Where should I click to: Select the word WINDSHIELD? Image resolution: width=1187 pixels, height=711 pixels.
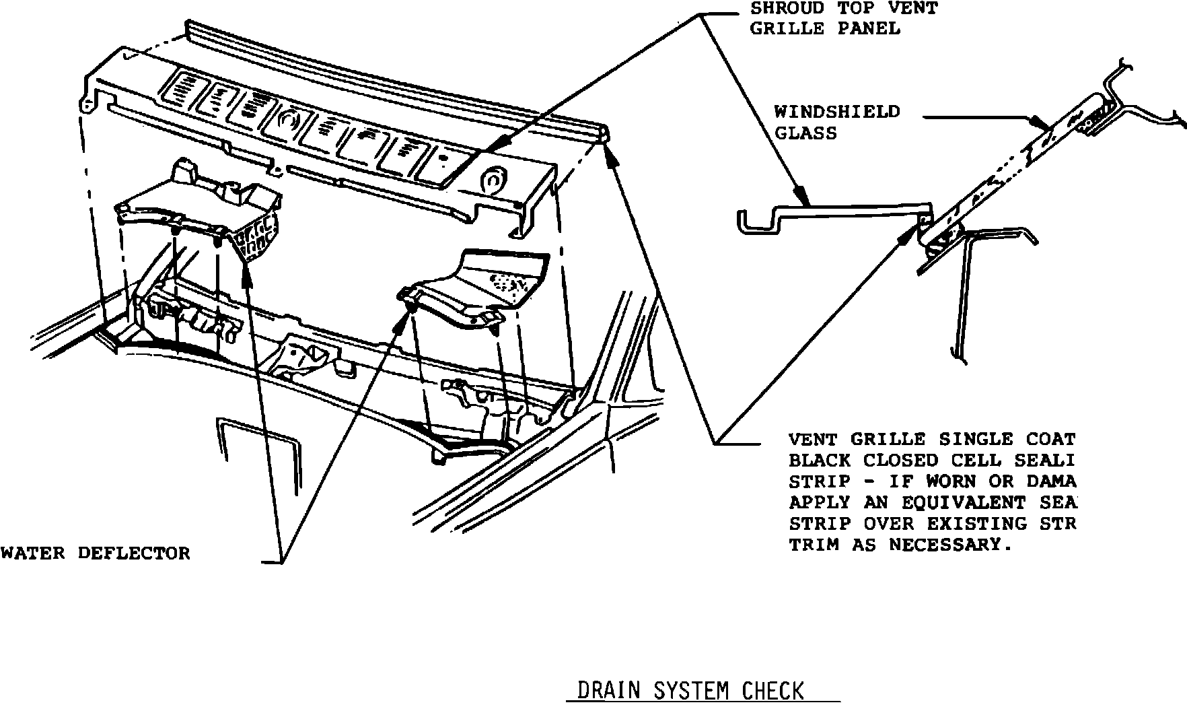tap(836, 112)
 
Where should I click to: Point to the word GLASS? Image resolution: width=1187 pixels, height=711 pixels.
tap(805, 133)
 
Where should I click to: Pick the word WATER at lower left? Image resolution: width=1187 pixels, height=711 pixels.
tap(32, 553)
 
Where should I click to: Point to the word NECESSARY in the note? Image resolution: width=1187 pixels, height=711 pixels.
tap(950, 545)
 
